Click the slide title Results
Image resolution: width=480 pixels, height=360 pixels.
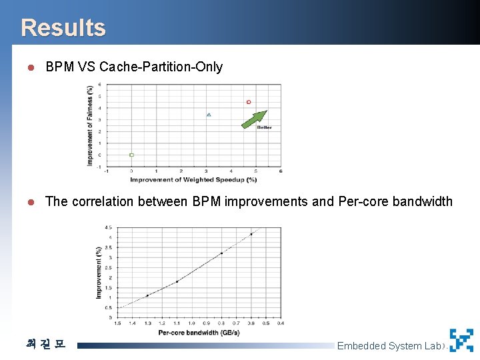(63, 27)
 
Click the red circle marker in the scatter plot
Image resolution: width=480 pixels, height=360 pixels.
(249, 102)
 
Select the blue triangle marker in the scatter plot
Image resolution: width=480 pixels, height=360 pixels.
(209, 115)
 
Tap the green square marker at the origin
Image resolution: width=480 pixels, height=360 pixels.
(131, 155)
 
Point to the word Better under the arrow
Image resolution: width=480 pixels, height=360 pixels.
(264, 127)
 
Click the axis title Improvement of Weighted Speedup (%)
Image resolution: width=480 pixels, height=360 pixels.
(193, 179)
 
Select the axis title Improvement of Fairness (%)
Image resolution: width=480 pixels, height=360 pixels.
(90, 125)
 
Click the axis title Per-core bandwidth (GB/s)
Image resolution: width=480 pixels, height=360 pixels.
(199, 332)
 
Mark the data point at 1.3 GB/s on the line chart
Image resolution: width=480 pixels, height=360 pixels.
(147, 295)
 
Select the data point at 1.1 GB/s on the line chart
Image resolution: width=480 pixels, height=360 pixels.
(177, 282)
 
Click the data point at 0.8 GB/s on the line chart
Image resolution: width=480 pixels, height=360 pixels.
(221, 253)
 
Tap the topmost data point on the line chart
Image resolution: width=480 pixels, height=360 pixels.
(251, 234)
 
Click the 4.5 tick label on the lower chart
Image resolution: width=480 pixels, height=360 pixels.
(108, 228)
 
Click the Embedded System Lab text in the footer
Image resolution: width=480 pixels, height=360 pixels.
(389, 345)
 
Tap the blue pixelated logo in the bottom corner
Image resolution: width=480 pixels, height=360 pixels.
(461, 341)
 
